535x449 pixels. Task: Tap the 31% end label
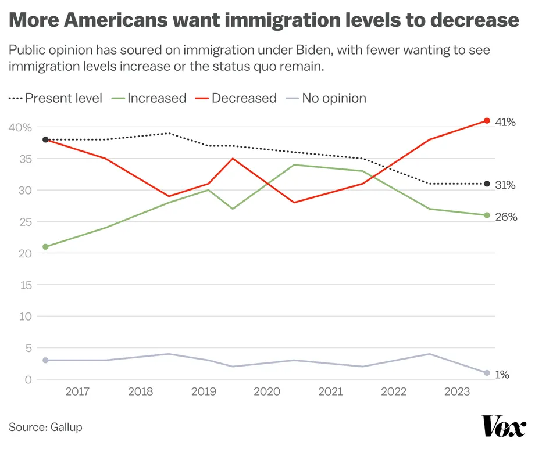pyautogui.click(x=505, y=185)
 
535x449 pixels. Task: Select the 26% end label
pyautogui.click(x=506, y=217)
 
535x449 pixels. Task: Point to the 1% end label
pyautogui.click(x=502, y=375)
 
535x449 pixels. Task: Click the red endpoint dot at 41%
pyautogui.click(x=487, y=121)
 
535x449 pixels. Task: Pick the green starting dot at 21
pyautogui.click(x=45, y=247)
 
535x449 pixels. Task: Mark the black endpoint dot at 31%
pyautogui.click(x=487, y=184)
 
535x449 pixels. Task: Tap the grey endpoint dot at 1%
pyautogui.click(x=487, y=373)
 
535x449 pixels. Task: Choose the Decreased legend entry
pyautogui.click(x=244, y=98)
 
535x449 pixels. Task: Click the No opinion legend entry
pyautogui.click(x=334, y=98)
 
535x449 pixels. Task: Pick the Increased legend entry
pyautogui.click(x=156, y=98)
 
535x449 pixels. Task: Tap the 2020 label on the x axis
pyautogui.click(x=266, y=392)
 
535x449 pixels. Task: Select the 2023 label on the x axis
pyautogui.click(x=456, y=392)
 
